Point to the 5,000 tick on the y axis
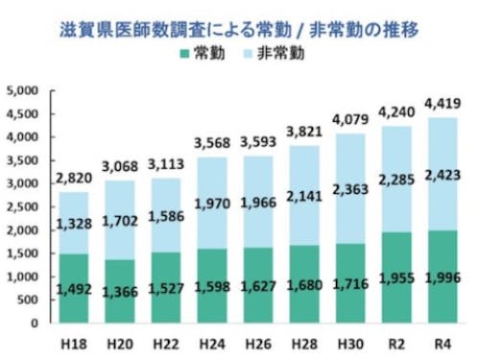coord(20,91)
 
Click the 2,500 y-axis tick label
coord(20,207)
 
